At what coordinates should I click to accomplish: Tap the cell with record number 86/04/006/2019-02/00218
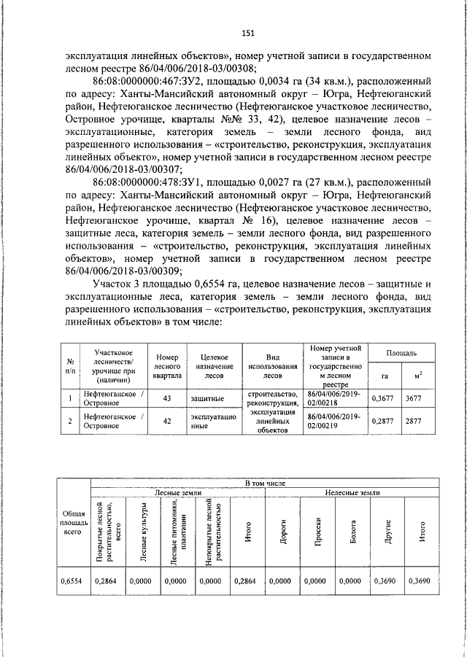tap(334, 399)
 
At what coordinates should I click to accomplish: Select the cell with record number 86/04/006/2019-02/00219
tap(334, 421)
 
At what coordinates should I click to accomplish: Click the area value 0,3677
tap(383, 399)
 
